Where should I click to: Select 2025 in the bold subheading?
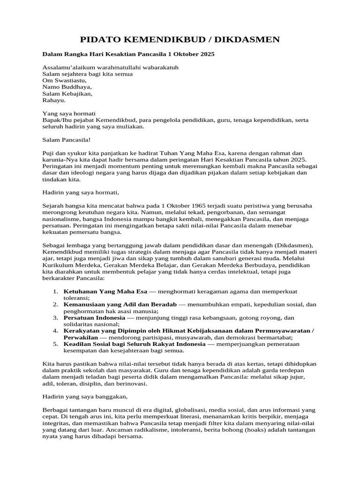tap(207, 54)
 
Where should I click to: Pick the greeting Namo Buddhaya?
tap(67, 87)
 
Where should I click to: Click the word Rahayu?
tap(54, 100)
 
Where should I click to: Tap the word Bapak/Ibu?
tap(57, 120)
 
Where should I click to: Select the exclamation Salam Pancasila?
tap(66, 140)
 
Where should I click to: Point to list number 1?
tap(55, 291)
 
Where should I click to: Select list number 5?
tap(55, 344)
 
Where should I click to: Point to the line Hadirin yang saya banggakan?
tap(85, 397)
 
